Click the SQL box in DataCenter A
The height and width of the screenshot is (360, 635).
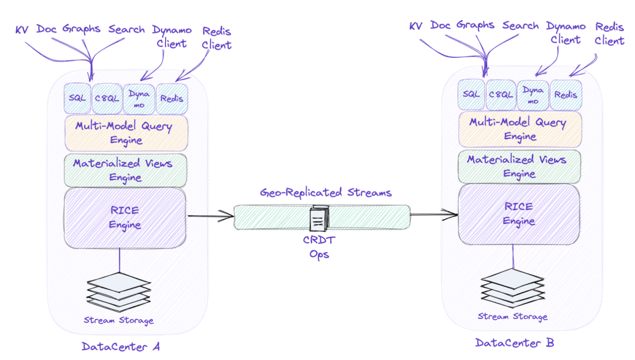(77, 98)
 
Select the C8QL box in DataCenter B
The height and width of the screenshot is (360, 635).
(500, 94)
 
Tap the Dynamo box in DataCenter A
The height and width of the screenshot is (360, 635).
(139, 98)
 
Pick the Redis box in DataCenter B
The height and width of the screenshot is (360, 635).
(566, 94)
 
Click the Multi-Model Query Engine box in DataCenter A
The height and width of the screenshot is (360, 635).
(126, 133)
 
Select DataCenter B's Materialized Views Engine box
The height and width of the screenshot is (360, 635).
(516, 166)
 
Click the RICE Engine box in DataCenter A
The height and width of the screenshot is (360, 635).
(125, 218)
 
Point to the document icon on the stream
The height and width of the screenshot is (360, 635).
(320, 218)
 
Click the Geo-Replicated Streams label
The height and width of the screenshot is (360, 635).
(326, 193)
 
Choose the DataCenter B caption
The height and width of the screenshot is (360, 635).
(514, 343)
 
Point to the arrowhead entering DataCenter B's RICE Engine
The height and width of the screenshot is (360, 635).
(453, 214)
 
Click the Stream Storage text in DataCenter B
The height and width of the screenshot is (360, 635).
(512, 317)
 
